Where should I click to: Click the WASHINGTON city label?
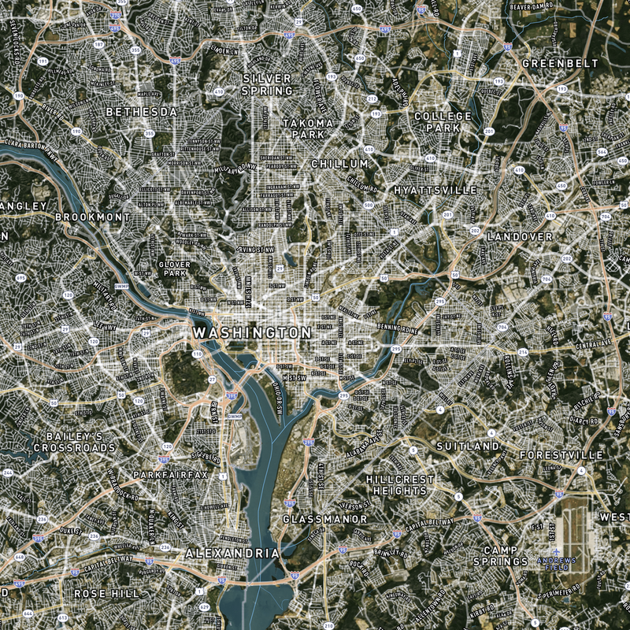point(252,333)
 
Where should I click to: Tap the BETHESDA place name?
point(142,113)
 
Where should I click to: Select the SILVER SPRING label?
point(267,84)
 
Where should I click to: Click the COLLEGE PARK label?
point(443,121)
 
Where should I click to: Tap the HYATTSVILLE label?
point(435,191)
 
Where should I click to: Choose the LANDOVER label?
point(520,236)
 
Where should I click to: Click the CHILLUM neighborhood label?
point(339,164)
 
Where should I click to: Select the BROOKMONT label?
point(93,217)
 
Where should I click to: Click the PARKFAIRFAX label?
point(170,476)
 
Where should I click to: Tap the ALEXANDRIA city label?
point(232,554)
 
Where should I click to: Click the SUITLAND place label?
point(468,447)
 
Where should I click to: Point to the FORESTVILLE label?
point(561,455)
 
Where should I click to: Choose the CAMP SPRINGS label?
point(500,556)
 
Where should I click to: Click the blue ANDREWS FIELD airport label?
point(557,563)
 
